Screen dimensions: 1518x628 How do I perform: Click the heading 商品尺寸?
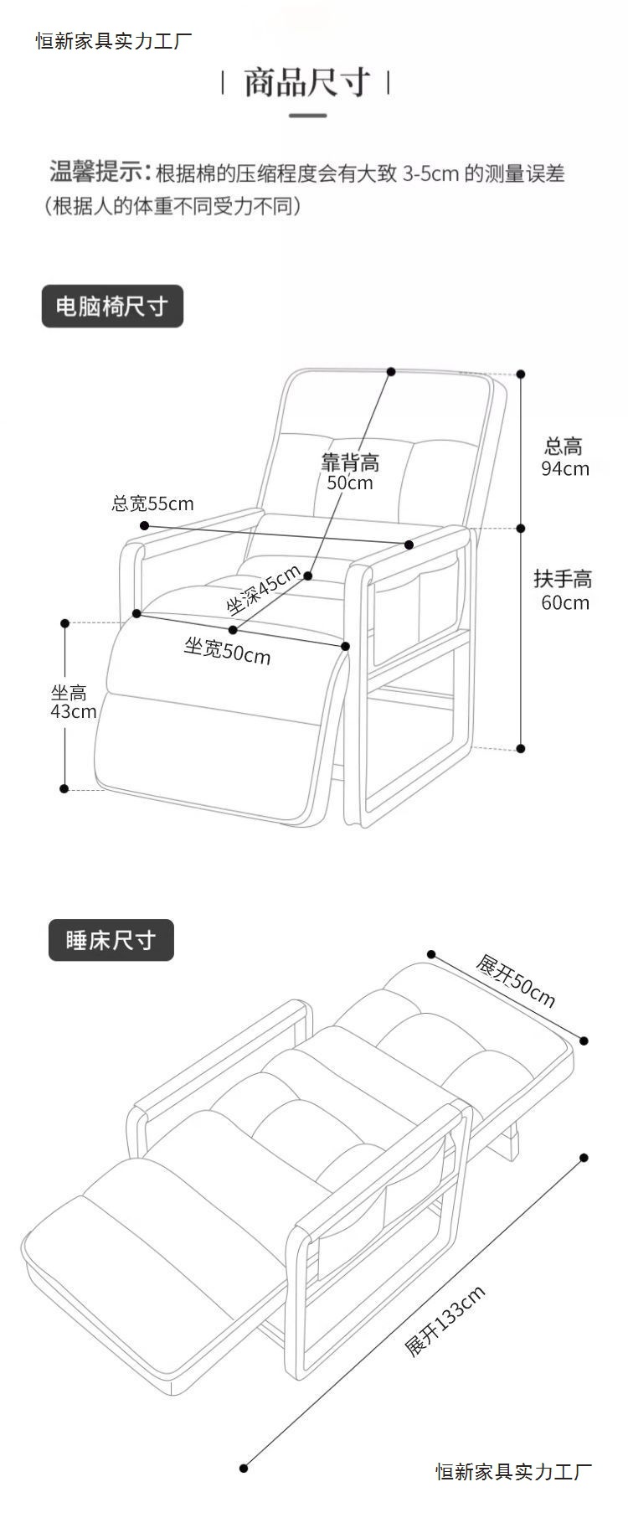306,83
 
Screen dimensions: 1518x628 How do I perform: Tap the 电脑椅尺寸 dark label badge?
112,307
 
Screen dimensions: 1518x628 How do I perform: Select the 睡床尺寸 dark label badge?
111,940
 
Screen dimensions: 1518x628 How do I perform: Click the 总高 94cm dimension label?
564,457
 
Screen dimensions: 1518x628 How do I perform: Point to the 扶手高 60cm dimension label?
564,591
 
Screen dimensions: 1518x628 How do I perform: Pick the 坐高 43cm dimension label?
73,702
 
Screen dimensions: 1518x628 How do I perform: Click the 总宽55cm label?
152,503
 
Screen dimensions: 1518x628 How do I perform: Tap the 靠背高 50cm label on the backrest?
350,472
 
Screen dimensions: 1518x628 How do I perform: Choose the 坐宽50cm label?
227,650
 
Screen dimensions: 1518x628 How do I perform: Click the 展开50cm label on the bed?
515,980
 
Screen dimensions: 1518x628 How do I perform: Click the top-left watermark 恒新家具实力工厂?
114,41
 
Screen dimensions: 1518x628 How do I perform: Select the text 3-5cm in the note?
430,174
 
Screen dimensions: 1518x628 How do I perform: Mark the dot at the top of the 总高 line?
521,374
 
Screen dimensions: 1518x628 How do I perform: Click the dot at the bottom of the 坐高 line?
64,788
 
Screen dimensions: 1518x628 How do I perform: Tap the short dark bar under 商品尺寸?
307,115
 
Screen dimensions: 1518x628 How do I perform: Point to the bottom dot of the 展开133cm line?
244,1490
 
